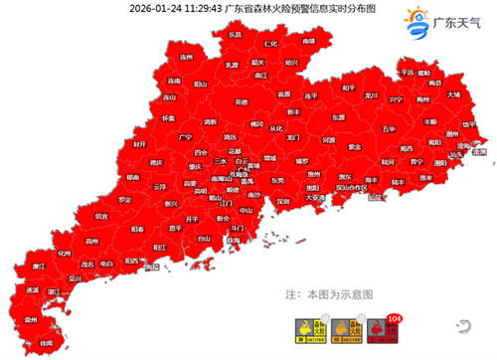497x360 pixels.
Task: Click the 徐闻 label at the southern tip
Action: pos(44,340)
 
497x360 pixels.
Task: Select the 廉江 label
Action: pos(41,267)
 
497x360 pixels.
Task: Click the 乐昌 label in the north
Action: pos(236,34)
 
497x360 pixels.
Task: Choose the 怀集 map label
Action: pos(167,117)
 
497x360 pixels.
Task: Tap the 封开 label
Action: pos(139,144)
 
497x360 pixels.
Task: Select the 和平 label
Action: pos(348,87)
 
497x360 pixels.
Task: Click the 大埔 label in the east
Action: pos(452,94)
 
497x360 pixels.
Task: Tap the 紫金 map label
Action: pos(355,145)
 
